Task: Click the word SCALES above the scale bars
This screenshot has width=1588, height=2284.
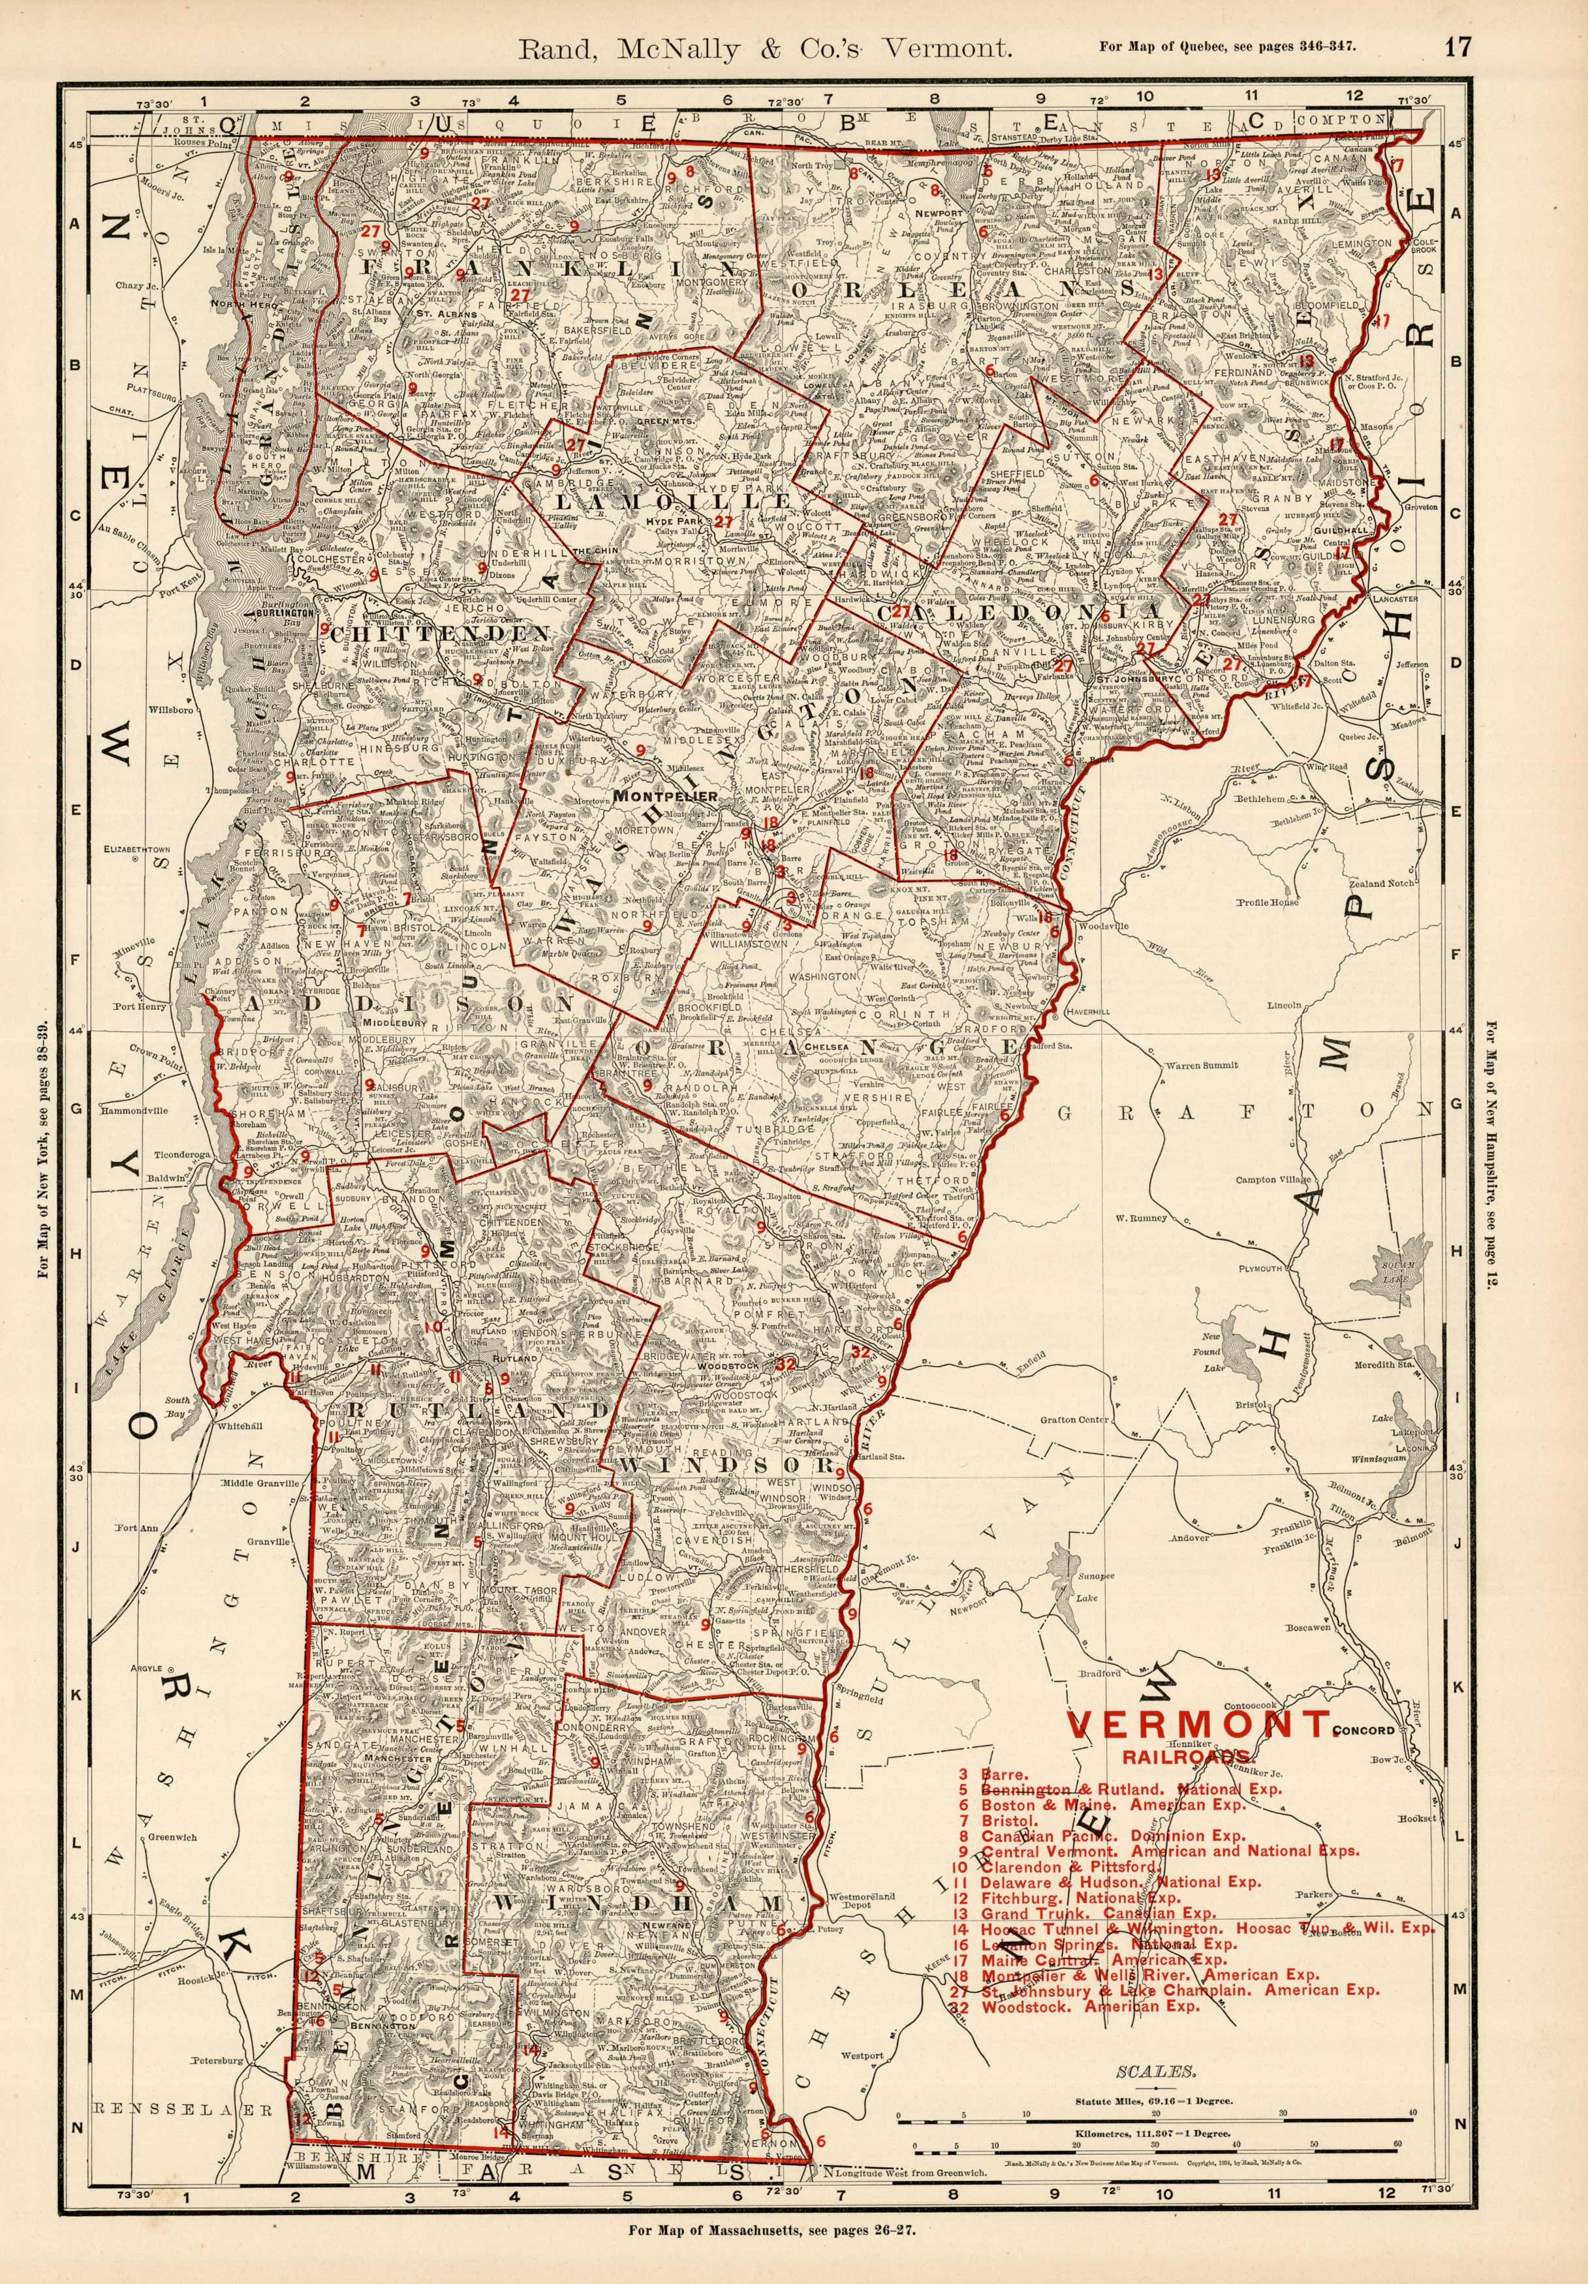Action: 1155,2065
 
